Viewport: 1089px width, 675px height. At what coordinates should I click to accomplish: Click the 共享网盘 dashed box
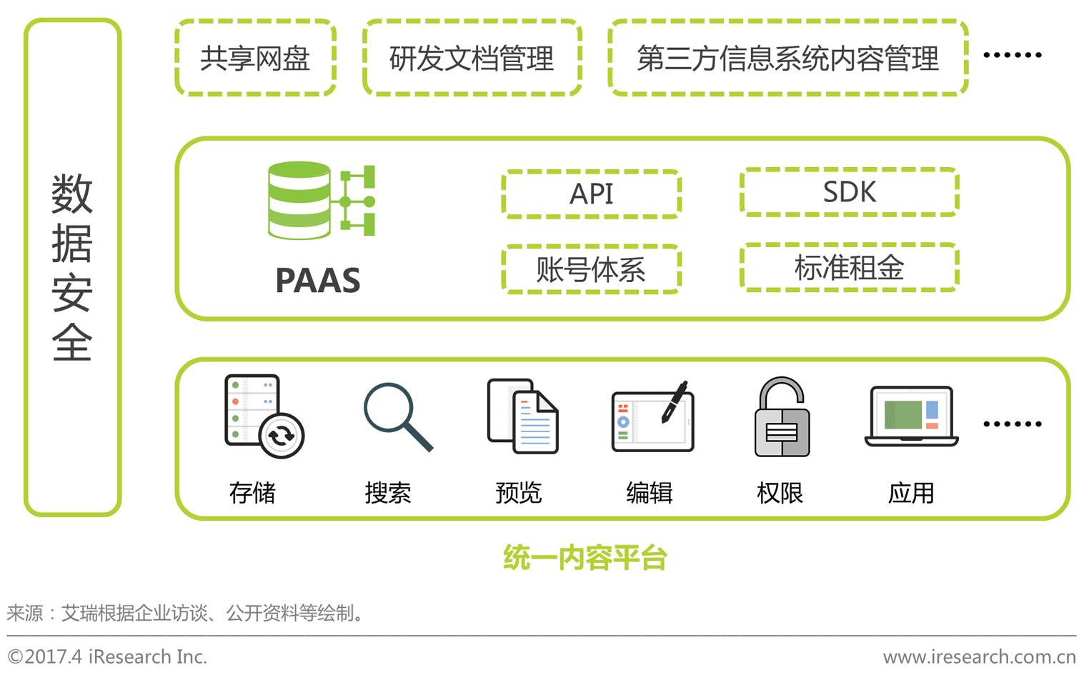[255, 58]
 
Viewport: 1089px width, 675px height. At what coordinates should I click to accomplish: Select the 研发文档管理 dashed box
[472, 58]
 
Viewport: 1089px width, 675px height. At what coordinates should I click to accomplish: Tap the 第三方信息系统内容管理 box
[787, 58]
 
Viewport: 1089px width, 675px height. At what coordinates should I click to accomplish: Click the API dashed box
[591, 194]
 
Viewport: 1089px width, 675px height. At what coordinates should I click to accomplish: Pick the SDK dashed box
[849, 191]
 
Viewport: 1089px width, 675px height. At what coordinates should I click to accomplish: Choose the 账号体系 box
[591, 269]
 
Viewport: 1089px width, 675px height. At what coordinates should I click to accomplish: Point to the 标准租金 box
[849, 268]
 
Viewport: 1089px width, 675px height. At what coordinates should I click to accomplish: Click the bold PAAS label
[318, 280]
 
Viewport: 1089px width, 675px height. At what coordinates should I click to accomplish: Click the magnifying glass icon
[397, 417]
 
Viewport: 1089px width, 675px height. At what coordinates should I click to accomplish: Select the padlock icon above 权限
[782, 417]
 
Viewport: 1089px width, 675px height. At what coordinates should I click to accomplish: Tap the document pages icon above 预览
[522, 416]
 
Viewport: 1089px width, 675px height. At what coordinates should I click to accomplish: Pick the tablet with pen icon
[652, 417]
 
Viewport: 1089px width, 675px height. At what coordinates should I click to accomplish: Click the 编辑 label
[649, 493]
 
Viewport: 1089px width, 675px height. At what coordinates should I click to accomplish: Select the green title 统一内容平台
[585, 558]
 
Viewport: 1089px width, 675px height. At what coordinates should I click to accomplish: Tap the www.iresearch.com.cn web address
[979, 656]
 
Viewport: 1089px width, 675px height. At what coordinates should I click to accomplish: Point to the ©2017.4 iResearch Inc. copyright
[107, 656]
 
